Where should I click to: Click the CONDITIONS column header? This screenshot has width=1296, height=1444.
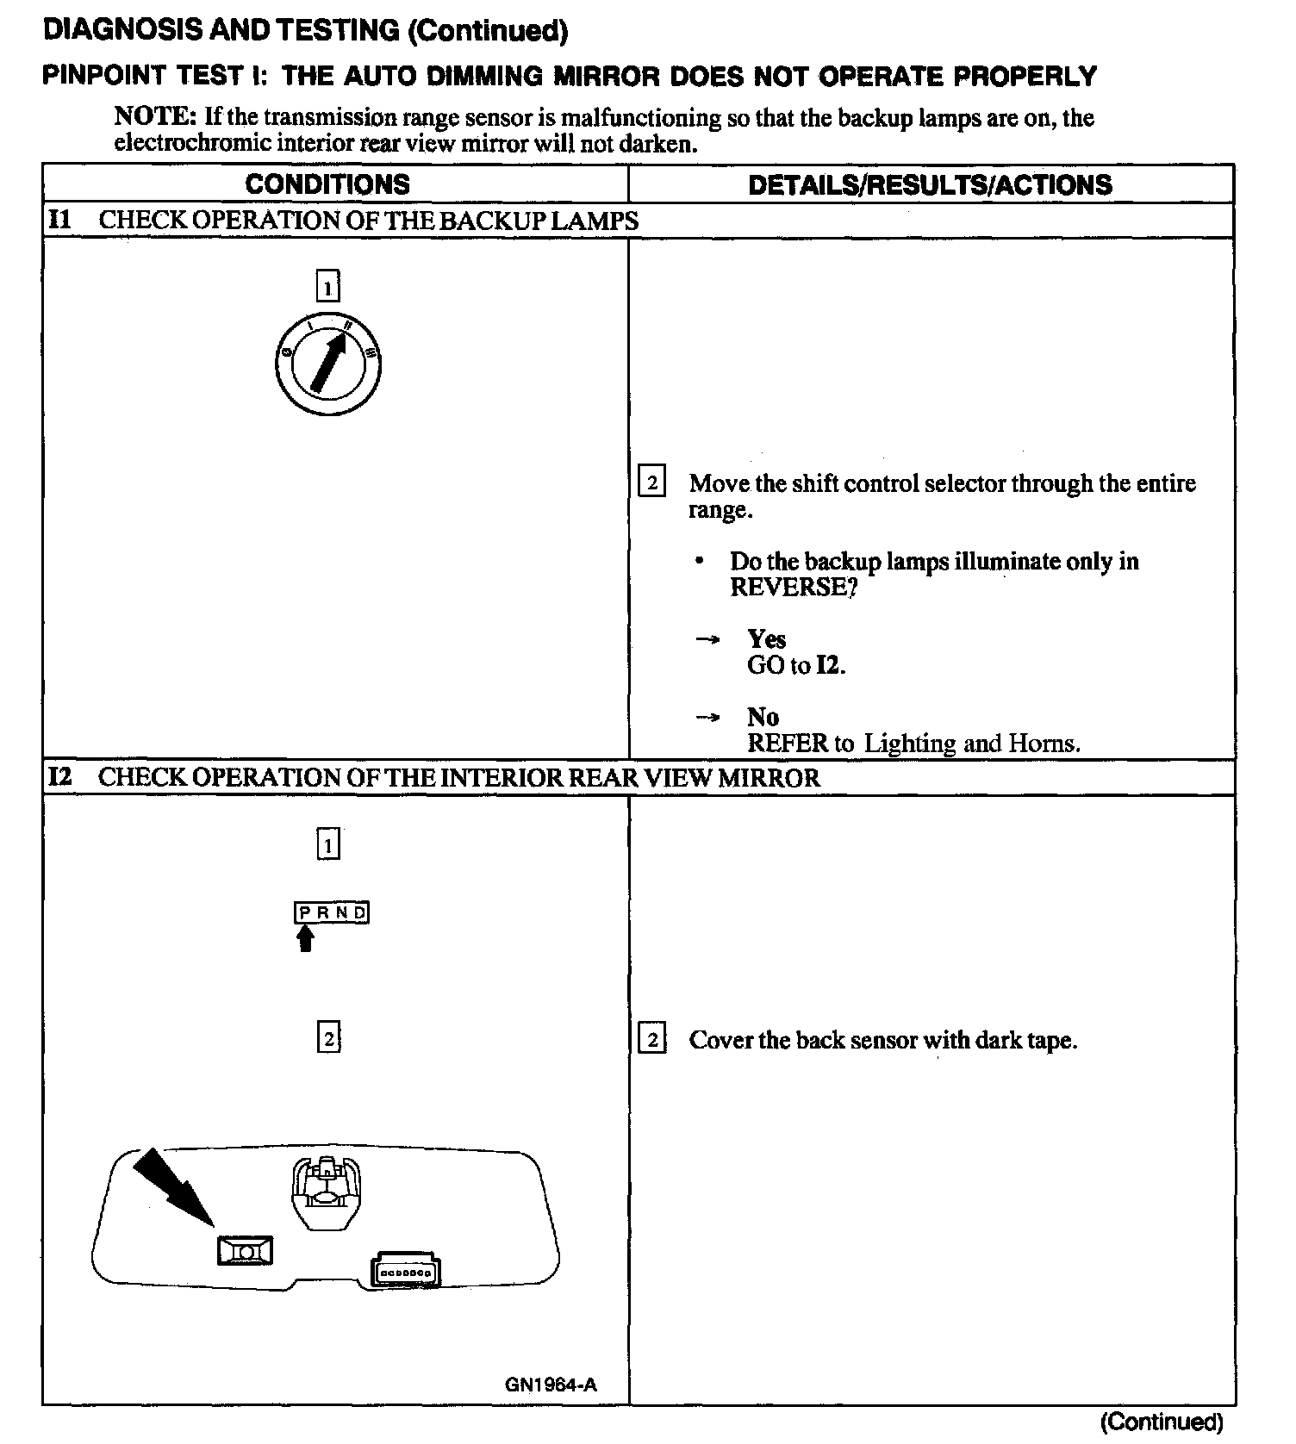(x=327, y=184)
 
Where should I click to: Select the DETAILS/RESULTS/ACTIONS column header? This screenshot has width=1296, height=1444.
(x=930, y=184)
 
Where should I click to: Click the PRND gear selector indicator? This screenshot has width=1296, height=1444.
(x=332, y=912)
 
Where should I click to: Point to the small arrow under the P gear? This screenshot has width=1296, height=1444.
(x=304, y=938)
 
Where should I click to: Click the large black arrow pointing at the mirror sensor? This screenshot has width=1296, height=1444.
(x=172, y=1186)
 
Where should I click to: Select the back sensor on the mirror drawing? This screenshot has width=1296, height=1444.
(x=246, y=1249)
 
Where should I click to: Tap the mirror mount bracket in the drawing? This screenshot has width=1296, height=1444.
(x=327, y=1192)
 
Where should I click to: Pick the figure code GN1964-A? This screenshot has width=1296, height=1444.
(x=551, y=1385)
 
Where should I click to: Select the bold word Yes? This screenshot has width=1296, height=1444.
(x=766, y=638)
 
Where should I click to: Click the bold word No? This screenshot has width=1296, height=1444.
(x=763, y=717)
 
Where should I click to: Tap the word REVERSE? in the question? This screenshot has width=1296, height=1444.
(x=794, y=588)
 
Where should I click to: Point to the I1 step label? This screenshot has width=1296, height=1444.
(x=59, y=220)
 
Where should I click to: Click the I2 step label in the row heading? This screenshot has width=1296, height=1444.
(x=60, y=777)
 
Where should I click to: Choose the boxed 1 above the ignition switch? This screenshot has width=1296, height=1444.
(x=327, y=286)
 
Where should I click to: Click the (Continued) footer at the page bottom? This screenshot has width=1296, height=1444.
(x=1161, y=1421)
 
